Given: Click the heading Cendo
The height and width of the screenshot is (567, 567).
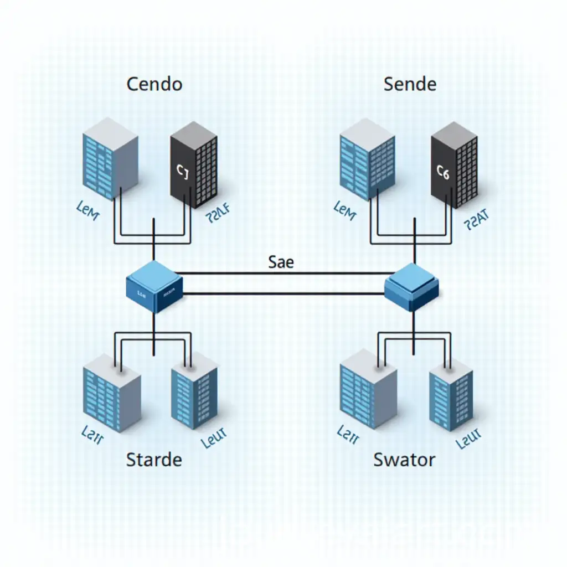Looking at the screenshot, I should (154, 84).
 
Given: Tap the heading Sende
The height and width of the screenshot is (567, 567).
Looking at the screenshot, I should (410, 84).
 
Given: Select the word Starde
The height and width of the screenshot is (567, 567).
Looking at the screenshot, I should (154, 459).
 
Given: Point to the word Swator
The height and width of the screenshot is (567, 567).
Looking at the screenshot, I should (404, 459).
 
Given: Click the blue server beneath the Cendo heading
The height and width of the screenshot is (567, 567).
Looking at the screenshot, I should (110, 158).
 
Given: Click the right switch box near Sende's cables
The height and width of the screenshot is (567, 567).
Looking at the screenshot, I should (412, 287).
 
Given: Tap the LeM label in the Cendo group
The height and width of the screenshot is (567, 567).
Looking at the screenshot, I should (87, 212).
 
